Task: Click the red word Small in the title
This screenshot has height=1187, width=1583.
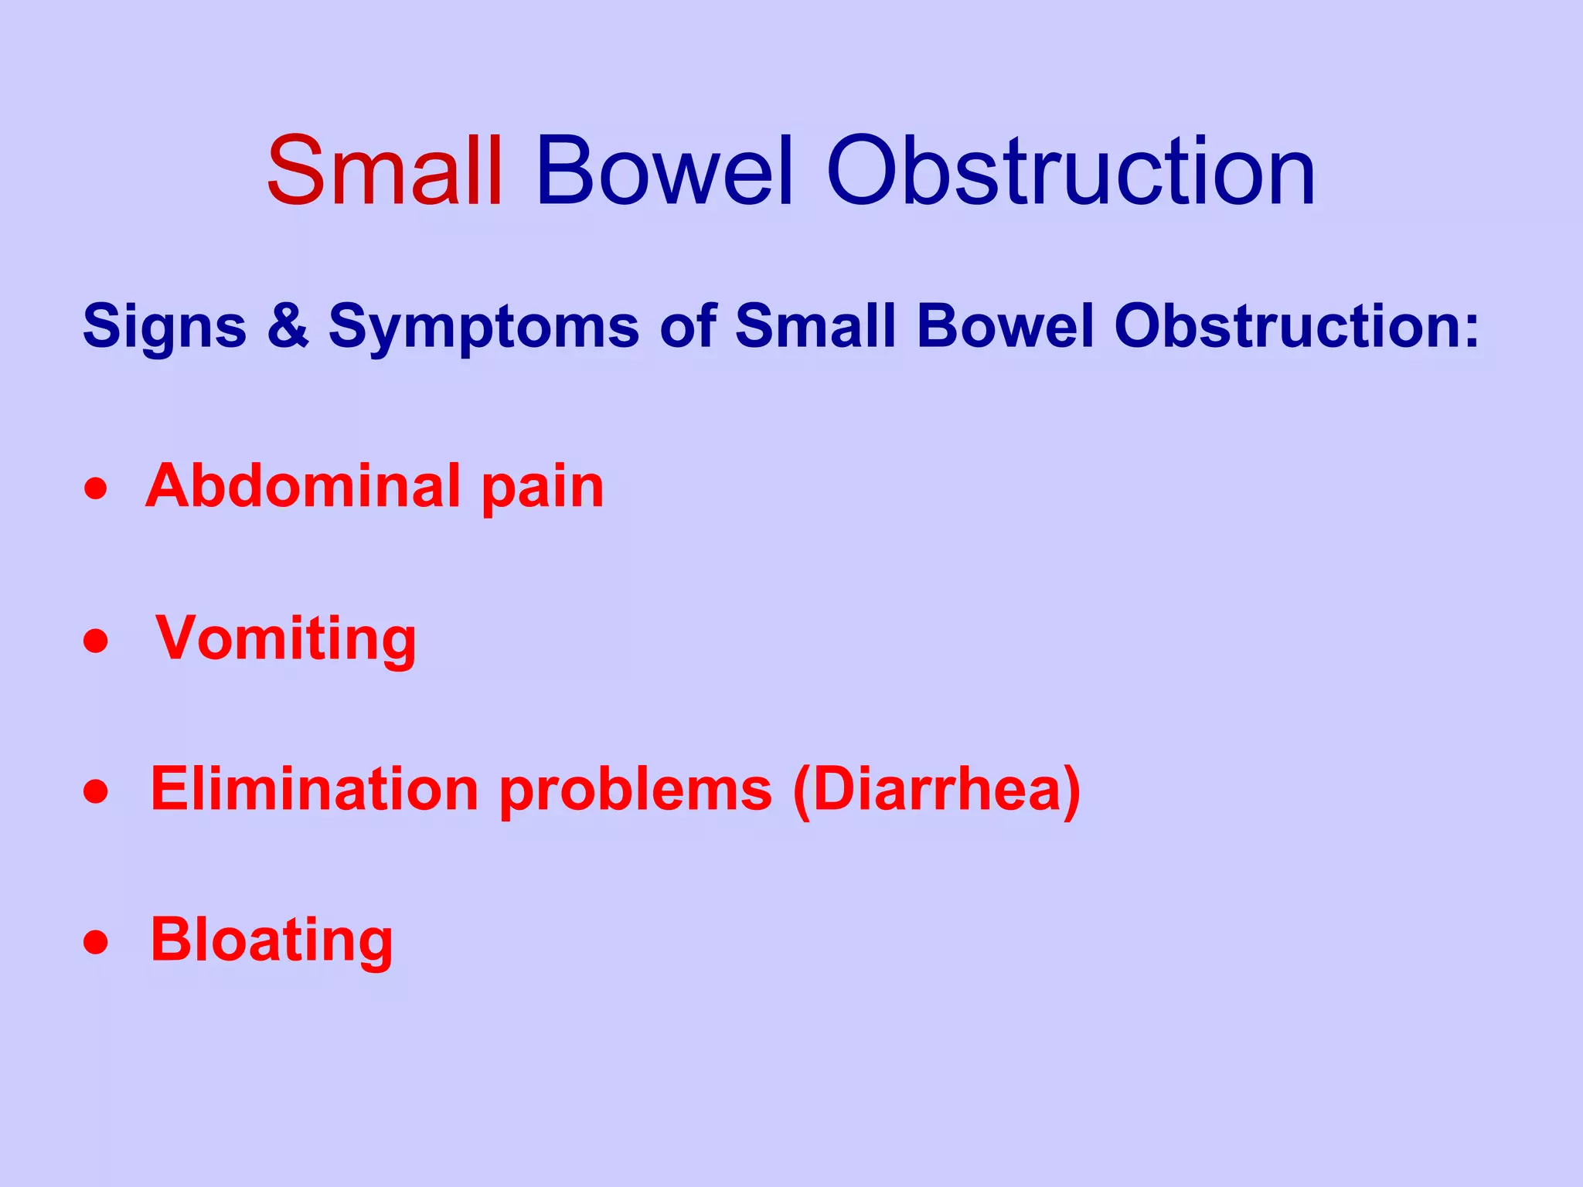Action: [385, 172]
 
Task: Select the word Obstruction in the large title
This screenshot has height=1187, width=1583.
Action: [1071, 172]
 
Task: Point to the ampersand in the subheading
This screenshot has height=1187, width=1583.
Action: [288, 326]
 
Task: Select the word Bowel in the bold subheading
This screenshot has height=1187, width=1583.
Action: [1006, 326]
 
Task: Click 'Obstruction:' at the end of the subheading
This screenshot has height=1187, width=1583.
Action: [1296, 326]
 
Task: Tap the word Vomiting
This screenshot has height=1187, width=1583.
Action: [286, 640]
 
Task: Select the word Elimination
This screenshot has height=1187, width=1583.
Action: [315, 790]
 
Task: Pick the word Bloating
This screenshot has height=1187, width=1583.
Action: [271, 941]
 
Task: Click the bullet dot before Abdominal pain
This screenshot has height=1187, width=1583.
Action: [96, 490]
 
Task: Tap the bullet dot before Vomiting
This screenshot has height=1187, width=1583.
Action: [96, 641]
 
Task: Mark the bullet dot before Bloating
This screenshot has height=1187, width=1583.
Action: [96, 943]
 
